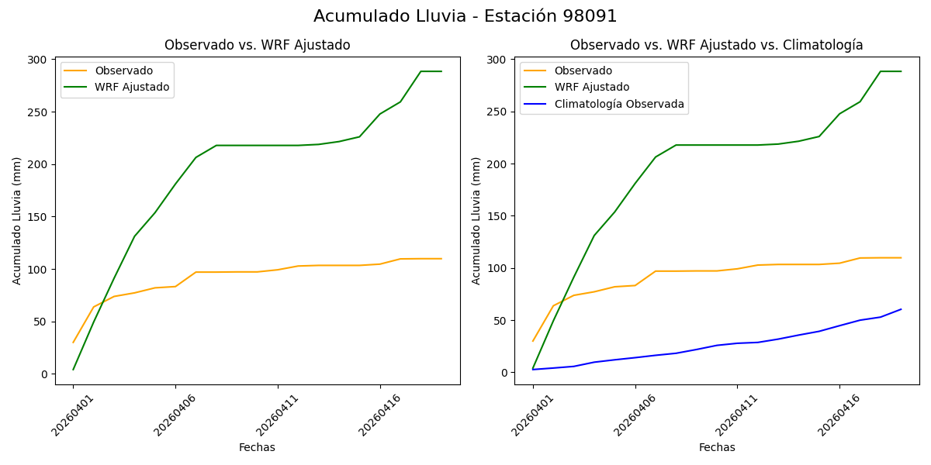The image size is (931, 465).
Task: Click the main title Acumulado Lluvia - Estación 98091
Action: point(465,16)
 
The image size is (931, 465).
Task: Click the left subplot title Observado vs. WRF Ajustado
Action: point(257,45)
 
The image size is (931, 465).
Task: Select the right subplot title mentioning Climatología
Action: point(716,45)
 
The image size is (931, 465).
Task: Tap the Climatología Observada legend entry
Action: point(618,104)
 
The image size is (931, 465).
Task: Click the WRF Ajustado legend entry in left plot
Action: point(132,87)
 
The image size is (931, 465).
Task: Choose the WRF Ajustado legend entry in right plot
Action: point(591,87)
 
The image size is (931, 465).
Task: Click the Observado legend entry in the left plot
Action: point(123,71)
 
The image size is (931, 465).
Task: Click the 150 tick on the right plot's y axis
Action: point(497,216)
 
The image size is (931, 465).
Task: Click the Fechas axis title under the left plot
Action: point(257,447)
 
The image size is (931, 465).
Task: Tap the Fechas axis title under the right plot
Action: point(717,447)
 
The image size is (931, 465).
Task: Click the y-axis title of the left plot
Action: point(17,221)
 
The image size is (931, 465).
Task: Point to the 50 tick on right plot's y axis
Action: point(500,321)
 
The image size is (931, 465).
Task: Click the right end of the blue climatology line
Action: point(901,309)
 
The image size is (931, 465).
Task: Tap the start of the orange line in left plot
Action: point(74,343)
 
